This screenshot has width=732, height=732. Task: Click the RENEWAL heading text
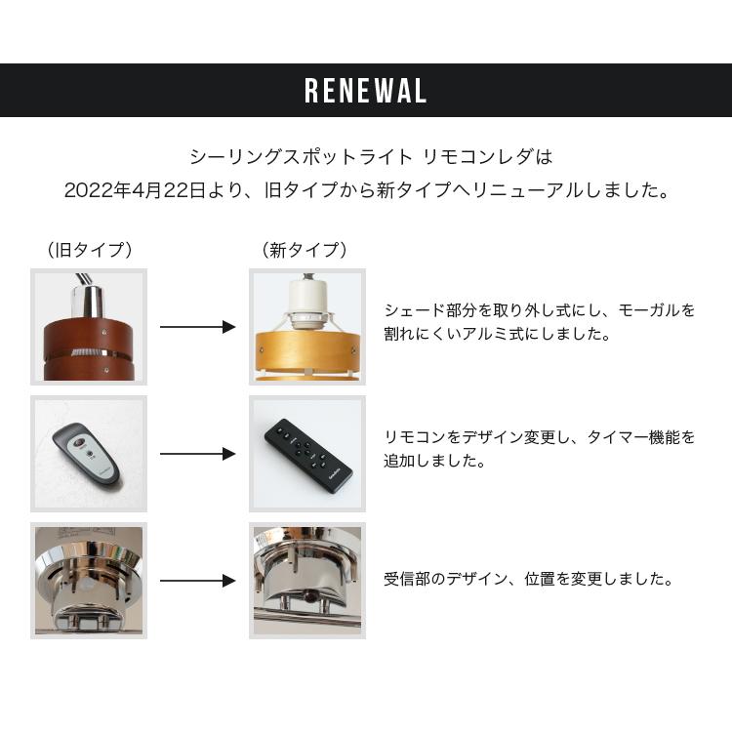tap(366, 91)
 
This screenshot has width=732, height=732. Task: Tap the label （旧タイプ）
tap(89, 250)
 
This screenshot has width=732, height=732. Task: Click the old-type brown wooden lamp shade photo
tap(89, 328)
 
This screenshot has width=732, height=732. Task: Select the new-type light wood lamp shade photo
tap(307, 328)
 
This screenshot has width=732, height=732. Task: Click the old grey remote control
tap(88, 454)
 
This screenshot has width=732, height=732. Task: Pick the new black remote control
tap(306, 452)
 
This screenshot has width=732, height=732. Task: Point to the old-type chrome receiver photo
tap(89, 581)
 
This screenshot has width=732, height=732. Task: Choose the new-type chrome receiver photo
tap(307, 581)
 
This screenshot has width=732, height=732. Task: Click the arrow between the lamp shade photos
tap(197, 328)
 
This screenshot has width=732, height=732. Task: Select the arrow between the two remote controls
tap(197, 454)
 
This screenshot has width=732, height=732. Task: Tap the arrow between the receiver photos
tap(197, 581)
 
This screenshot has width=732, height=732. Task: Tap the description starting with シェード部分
tap(540, 322)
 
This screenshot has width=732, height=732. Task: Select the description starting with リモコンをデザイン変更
tap(540, 449)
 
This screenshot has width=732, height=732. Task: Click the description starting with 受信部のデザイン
tap(528, 579)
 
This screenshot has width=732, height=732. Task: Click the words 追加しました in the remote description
tap(421, 461)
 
